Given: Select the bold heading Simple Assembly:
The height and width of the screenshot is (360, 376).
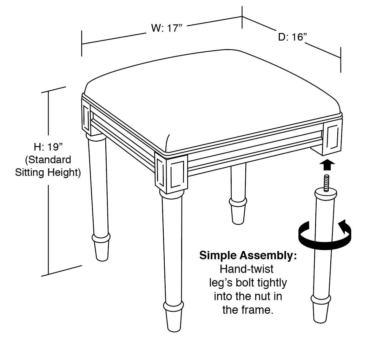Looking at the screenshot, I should (x=248, y=255).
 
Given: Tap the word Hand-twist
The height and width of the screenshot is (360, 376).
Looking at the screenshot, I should (x=247, y=269).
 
